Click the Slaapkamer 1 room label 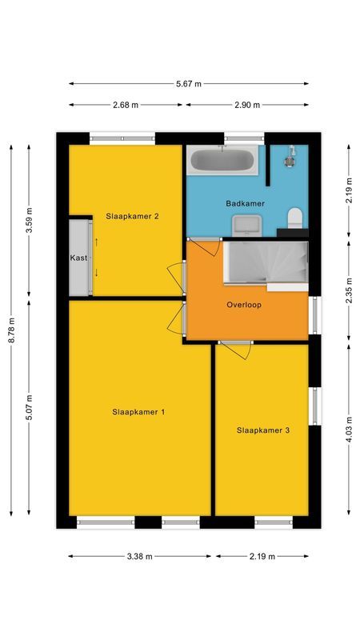click(138, 412)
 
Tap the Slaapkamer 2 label click(132, 216)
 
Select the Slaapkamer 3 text click(263, 430)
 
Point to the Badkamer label click(246, 203)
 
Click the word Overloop click(244, 305)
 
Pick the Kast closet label click(78, 258)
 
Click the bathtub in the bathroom click(222, 160)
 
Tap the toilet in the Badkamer click(294, 218)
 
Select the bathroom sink click(247, 226)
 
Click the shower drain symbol click(290, 162)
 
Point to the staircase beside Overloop click(266, 262)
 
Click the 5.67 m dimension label click(189, 84)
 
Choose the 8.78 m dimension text click(11, 330)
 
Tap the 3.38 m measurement click(139, 556)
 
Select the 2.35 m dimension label click(349, 290)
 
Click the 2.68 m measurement click(126, 105)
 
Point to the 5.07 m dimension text click(29, 407)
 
